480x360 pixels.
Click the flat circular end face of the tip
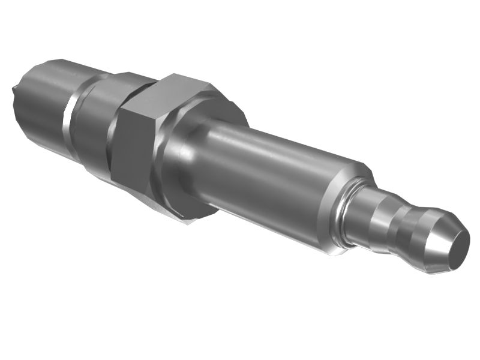pyautogui.click(x=454, y=248)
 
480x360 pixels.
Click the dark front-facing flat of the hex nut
pyautogui.click(x=133, y=150)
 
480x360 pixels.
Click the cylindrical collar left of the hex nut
pyautogui.click(x=96, y=126)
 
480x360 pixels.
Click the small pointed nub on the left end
pyautogui.click(x=13, y=91)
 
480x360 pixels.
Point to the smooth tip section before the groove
pyautogui.click(x=366, y=213)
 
